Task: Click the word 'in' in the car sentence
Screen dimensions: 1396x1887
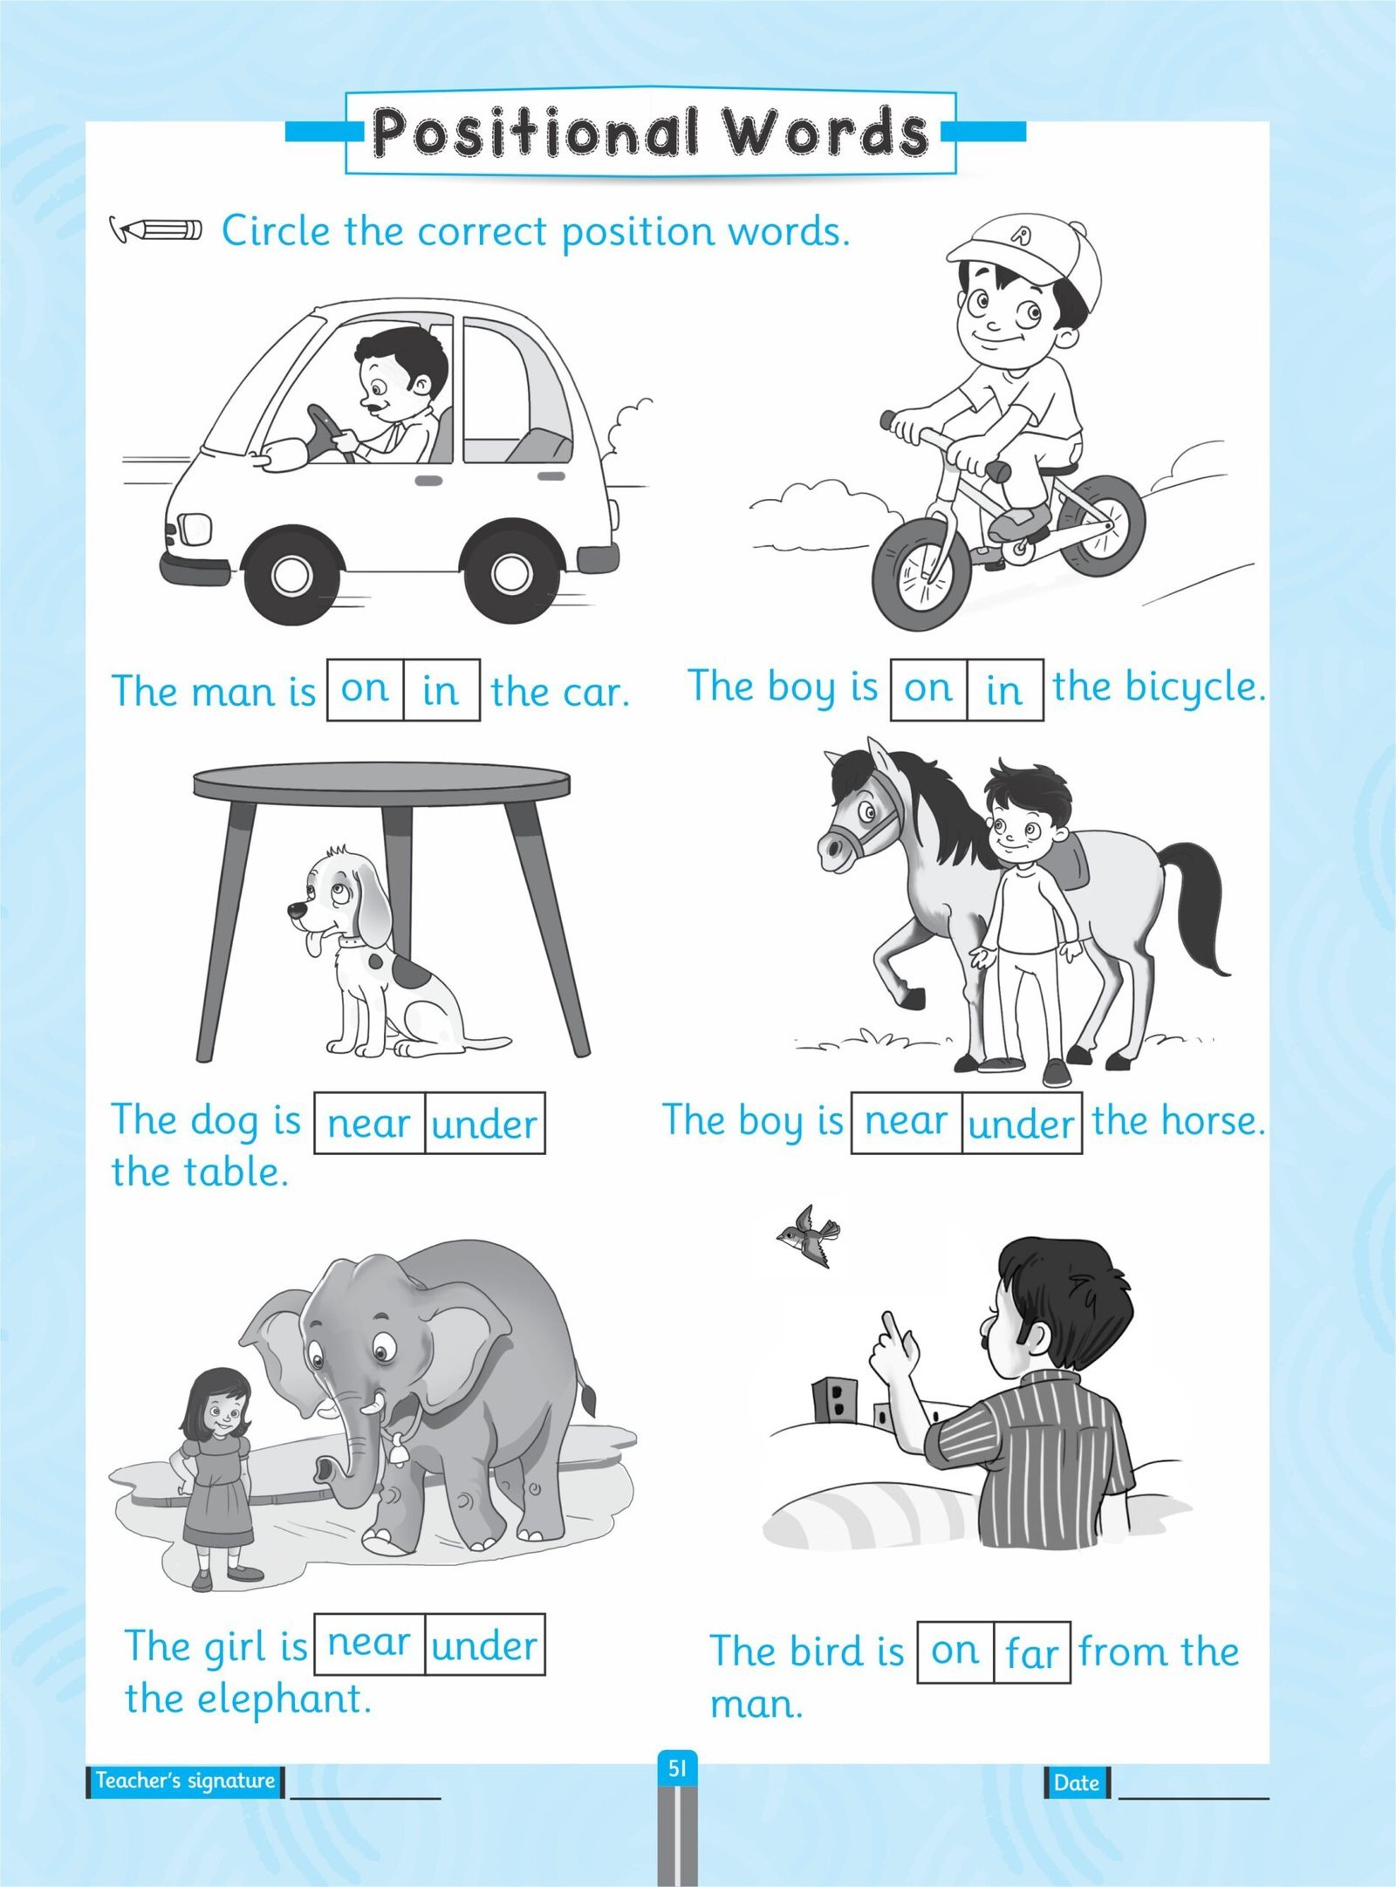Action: tap(440, 691)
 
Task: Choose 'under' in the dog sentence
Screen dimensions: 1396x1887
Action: tap(484, 1125)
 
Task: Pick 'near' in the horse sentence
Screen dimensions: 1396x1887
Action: tap(906, 1122)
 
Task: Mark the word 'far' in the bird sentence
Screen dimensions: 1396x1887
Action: tap(1031, 1651)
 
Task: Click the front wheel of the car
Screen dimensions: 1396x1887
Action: tap(290, 574)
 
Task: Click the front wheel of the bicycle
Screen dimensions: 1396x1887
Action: tap(921, 575)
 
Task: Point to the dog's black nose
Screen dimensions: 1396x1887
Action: tap(294, 910)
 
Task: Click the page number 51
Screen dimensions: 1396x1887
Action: tap(677, 1768)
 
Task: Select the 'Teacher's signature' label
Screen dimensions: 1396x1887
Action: tap(185, 1781)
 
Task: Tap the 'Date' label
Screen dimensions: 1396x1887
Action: tap(1076, 1782)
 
